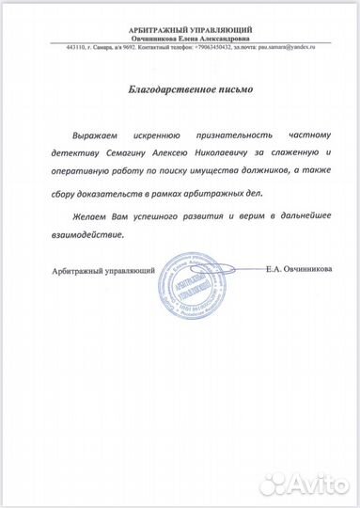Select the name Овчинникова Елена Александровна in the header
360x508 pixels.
click(180, 39)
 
